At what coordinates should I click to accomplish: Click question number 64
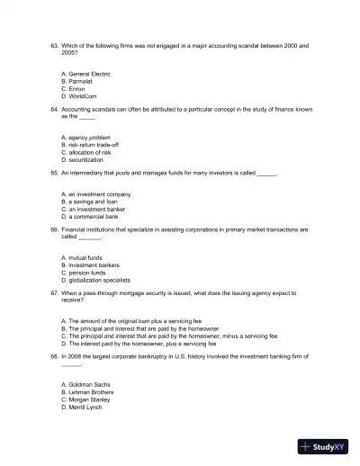click(54, 107)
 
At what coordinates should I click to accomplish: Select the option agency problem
click(85, 137)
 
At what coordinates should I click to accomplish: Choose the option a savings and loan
click(89, 202)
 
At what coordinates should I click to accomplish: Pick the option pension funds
click(83, 272)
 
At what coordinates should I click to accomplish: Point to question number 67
click(54, 293)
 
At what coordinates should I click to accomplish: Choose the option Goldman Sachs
click(85, 385)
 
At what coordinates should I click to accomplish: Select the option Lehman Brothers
click(87, 392)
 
